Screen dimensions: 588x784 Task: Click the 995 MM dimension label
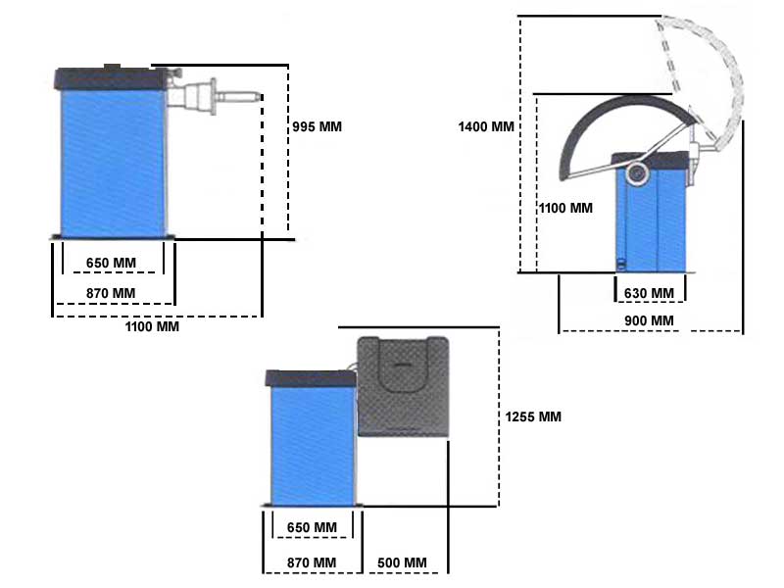click(x=318, y=126)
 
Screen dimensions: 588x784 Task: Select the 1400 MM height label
click(x=485, y=126)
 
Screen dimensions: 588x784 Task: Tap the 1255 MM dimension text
click(x=533, y=416)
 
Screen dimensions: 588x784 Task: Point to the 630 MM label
click(x=649, y=293)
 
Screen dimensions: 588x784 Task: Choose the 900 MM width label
click(x=649, y=321)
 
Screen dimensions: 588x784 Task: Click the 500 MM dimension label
click(x=402, y=562)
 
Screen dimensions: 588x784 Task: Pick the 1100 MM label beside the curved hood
click(x=566, y=208)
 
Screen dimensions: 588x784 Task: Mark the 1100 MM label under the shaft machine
click(x=152, y=326)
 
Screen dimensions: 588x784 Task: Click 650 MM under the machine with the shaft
click(x=111, y=264)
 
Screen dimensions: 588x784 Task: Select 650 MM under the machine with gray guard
click(x=312, y=527)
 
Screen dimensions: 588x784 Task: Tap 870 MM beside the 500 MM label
click(x=312, y=562)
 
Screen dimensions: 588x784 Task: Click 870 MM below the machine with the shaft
click(x=111, y=293)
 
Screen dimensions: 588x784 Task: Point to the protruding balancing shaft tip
click(x=257, y=95)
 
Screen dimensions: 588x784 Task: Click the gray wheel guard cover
click(x=402, y=387)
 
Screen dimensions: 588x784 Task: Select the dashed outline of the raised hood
click(x=701, y=69)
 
